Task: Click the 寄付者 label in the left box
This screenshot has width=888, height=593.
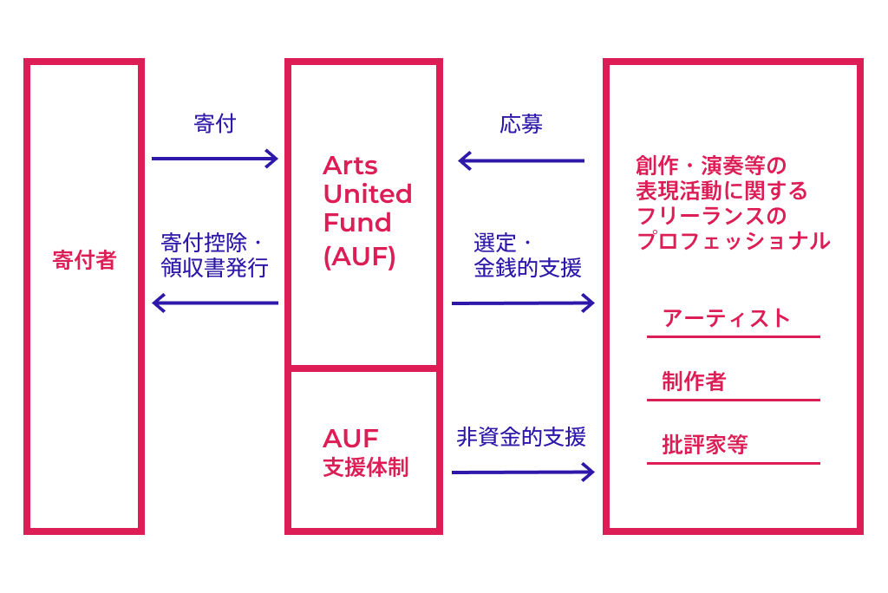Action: pos(84,260)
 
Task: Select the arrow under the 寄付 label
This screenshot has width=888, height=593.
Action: pos(214,159)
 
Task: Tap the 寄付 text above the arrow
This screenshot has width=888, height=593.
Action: pos(214,124)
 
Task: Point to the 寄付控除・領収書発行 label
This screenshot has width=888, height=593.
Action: pos(214,254)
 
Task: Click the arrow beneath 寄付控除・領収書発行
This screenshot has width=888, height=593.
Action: pos(214,303)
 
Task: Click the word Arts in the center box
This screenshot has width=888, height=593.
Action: pos(350,166)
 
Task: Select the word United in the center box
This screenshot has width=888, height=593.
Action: pos(368,193)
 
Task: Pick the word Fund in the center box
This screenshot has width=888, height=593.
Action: pos(357,222)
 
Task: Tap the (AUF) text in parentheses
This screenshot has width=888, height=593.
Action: pos(359,257)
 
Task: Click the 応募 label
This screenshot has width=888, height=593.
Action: pos(521,124)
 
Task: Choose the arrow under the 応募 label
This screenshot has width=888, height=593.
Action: pos(521,160)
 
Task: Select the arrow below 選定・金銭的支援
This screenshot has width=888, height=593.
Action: pos(523,303)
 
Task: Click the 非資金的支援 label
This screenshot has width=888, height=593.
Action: pos(521,437)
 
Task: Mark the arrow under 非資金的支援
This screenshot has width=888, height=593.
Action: pos(523,472)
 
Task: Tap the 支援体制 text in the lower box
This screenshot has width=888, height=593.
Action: pos(365,468)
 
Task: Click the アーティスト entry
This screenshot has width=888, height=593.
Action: pos(727,318)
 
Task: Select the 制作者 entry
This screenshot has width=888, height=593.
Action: pos(694,381)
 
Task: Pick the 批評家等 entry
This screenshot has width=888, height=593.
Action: pos(704,446)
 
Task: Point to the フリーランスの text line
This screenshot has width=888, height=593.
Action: pos(711,215)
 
